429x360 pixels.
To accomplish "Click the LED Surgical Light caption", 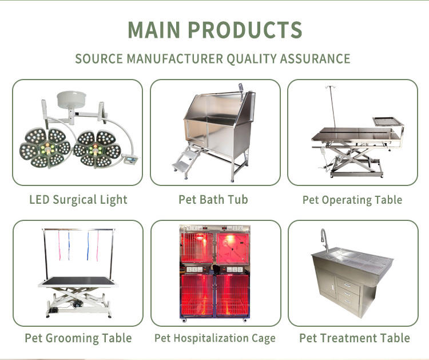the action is [78, 200].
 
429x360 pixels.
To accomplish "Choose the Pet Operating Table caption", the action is [352, 200].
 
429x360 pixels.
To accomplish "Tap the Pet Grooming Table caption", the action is [78, 338].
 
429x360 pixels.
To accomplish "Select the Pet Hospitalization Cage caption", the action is [214, 338].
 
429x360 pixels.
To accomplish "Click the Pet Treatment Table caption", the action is [354, 338].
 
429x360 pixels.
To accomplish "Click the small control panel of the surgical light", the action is [132, 160].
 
